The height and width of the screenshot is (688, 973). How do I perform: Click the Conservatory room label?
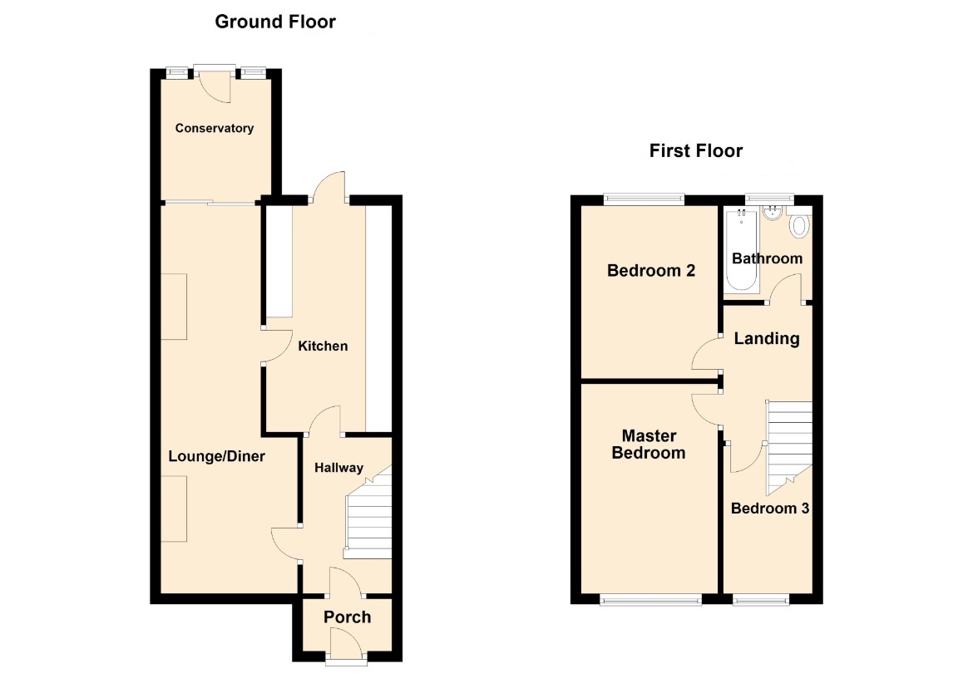[214, 128]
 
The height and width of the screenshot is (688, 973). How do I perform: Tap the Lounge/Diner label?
[216, 457]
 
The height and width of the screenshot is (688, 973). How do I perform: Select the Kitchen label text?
[323, 346]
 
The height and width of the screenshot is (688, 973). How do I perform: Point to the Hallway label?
[338, 468]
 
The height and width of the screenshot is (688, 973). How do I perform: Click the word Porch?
[347, 617]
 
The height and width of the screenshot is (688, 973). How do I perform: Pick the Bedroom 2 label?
[651, 271]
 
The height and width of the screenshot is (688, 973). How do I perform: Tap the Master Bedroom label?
[649, 445]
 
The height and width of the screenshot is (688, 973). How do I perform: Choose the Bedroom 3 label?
[769, 509]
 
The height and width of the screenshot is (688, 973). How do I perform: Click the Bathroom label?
[767, 258]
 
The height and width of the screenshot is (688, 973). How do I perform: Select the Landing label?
[767, 338]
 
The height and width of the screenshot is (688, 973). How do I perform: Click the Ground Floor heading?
[275, 22]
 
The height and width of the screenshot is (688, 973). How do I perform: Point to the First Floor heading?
[695, 150]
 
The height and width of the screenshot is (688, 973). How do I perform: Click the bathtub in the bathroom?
[742, 250]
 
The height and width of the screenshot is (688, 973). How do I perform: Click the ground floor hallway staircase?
[368, 514]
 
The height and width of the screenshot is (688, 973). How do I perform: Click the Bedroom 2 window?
[645, 199]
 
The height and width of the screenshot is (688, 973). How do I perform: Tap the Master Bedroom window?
[651, 599]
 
